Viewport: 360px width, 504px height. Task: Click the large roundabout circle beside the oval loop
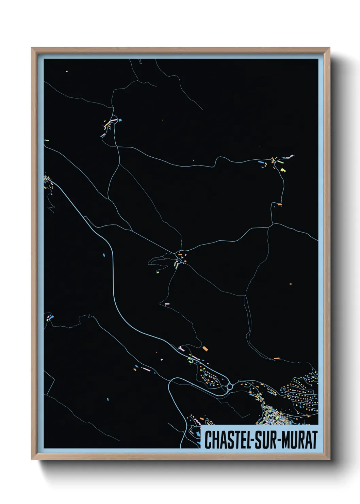pyautogui.click(x=230, y=387)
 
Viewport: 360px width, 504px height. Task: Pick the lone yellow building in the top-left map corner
pyautogui.click(x=67, y=71)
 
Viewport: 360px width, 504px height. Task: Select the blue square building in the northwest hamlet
pyautogui.click(x=120, y=120)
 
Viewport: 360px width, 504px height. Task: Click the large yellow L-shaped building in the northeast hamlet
pyautogui.click(x=283, y=170)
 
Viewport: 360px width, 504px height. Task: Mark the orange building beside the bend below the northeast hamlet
pyautogui.click(x=280, y=205)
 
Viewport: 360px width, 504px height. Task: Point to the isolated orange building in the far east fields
pyautogui.click(x=290, y=284)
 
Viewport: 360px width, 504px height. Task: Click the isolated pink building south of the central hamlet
pyautogui.click(x=167, y=303)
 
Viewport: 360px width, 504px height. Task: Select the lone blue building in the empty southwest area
pyautogui.click(x=108, y=399)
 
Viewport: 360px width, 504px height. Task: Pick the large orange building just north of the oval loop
pyautogui.click(x=205, y=348)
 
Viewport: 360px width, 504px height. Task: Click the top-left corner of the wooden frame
pyautogui.click(x=32, y=48)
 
